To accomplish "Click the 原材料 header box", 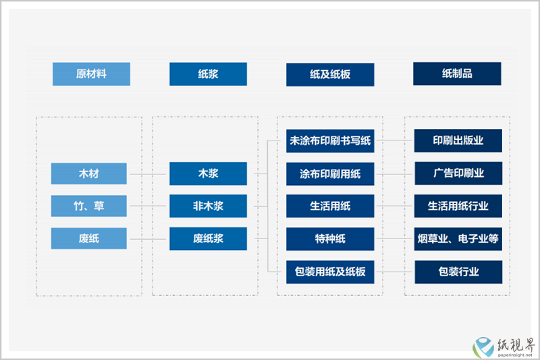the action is click(x=91, y=74).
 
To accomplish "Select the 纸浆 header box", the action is click(x=208, y=74).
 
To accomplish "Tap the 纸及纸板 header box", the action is click(x=330, y=74).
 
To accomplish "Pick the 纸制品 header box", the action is click(x=457, y=74).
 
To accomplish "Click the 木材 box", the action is click(x=89, y=174).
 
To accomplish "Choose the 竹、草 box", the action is click(x=89, y=206).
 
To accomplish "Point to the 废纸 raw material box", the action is click(x=89, y=238).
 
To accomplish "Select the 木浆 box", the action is click(x=208, y=174).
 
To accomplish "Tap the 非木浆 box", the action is click(x=208, y=206).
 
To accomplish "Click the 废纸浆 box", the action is click(x=208, y=238).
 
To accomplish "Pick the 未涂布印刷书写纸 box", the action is click(x=330, y=140).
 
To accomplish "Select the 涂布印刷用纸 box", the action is click(x=330, y=174).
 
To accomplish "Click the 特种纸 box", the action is click(x=330, y=238).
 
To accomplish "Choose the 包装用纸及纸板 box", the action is click(x=330, y=272).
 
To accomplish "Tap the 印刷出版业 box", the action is click(x=458, y=140).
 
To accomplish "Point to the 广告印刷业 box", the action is click(x=458, y=174).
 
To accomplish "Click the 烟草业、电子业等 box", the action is click(x=458, y=238).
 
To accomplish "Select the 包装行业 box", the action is click(x=458, y=272).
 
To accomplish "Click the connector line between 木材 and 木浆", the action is click(x=148, y=174).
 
